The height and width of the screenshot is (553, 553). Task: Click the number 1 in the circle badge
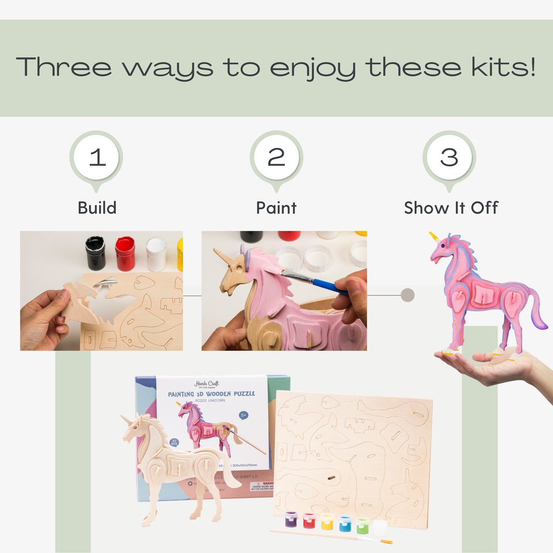97,158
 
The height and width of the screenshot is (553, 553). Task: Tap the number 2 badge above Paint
276,158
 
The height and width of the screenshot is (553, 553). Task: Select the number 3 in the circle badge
449,158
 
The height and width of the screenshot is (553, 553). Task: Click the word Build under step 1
97,208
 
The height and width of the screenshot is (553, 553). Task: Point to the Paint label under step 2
276,208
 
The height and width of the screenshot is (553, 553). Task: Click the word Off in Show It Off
484,208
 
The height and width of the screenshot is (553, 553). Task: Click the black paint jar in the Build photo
95,253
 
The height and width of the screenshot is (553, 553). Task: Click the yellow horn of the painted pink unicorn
434,237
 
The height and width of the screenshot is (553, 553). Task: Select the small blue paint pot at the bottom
345,524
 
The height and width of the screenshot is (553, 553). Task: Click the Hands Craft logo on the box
206,384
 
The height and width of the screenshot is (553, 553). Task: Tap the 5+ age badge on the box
243,415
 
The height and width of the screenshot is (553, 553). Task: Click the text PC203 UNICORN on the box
210,400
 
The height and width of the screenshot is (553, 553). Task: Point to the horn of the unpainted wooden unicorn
125,419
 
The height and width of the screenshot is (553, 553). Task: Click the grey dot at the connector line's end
408,295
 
